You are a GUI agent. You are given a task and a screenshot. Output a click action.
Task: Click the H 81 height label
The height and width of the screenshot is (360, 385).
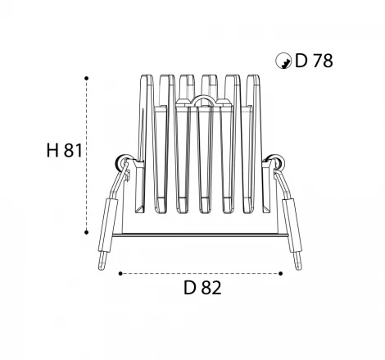(65, 150)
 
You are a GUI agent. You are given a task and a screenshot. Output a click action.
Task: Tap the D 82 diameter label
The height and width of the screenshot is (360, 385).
(202, 288)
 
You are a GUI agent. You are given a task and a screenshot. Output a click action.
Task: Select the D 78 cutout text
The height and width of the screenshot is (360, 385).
(314, 61)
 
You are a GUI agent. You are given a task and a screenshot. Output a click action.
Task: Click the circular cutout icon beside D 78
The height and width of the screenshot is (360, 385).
(283, 61)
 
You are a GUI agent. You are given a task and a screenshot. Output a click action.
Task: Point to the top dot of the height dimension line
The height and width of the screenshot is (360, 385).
(87, 78)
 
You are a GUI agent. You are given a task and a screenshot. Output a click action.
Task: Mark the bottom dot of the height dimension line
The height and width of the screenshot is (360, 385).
(86, 232)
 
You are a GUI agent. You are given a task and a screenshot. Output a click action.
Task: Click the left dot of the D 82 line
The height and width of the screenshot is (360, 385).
(120, 273)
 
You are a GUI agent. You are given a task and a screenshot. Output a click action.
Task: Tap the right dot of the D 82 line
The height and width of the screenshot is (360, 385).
(281, 273)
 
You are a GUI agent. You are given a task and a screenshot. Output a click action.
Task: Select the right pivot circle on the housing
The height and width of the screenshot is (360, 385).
(276, 162)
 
